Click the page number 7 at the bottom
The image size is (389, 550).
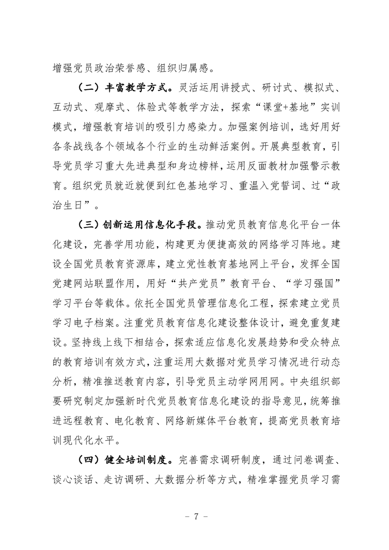[x=195, y=516]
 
